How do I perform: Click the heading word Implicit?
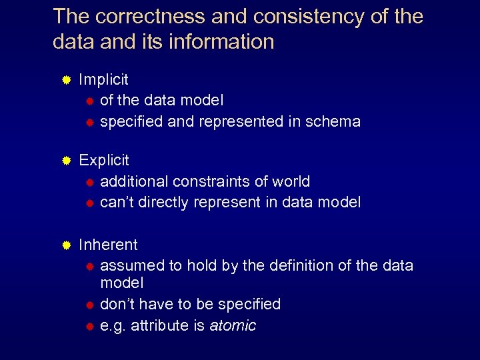tap(103, 80)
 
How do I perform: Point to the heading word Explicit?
tap(104, 161)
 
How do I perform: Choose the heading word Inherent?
tap(108, 245)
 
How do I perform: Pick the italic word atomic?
tap(233, 325)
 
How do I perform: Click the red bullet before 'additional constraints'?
tap(89, 182)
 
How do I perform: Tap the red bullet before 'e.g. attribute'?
tap(89, 326)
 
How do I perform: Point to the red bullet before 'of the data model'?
tap(89, 101)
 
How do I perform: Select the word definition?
tap(303, 265)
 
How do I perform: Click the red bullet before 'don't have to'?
tap(89, 305)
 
